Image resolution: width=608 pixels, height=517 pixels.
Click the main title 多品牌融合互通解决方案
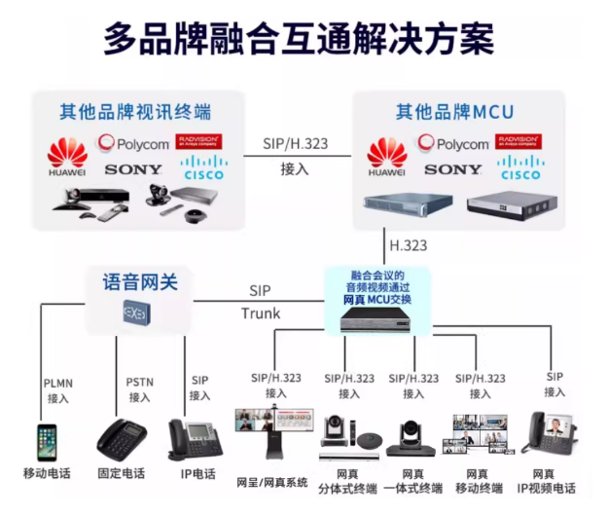click(299, 40)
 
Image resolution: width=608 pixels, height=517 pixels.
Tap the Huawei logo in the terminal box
click(67, 157)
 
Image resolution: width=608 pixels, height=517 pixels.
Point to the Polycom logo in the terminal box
click(134, 144)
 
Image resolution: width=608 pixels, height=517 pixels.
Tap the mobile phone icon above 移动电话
click(47, 441)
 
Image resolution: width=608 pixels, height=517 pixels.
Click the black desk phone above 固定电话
click(122, 440)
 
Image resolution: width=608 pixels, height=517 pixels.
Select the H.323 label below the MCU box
click(408, 243)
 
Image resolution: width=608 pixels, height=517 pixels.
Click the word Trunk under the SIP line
click(260, 314)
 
